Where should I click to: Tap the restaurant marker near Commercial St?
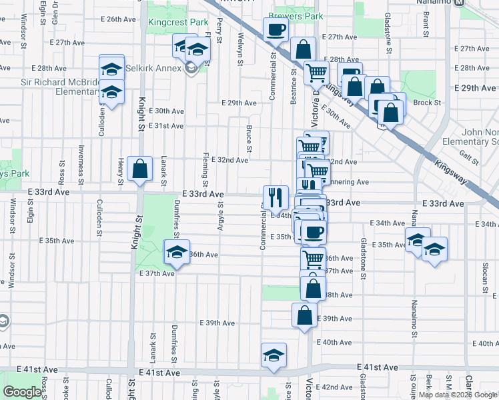276,197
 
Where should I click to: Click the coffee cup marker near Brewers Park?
276,29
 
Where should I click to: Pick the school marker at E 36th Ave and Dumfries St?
177,252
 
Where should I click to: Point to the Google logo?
22,392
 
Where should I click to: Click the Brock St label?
427,103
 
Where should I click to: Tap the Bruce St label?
249,137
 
